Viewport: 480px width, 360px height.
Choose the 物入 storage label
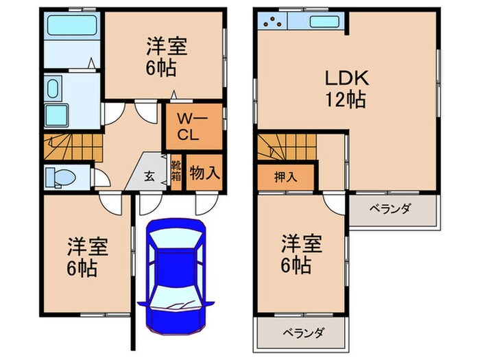pyautogui.click(x=205, y=171)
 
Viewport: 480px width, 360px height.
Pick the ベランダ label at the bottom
pyautogui.click(x=302, y=333)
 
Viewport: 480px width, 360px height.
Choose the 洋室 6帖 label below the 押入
pyautogui.click(x=300, y=254)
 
